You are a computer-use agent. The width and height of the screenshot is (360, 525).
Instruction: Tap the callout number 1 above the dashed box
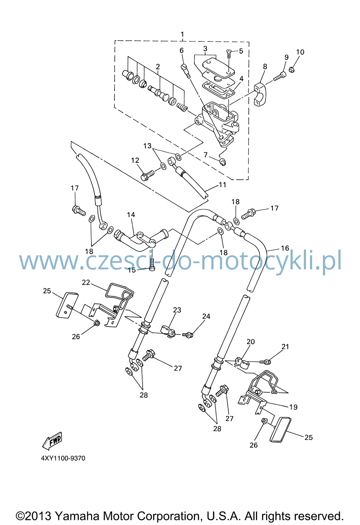(x=183, y=34)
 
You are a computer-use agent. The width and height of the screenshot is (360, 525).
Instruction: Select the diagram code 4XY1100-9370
(x=63, y=458)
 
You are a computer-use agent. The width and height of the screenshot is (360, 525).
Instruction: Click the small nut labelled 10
(x=292, y=69)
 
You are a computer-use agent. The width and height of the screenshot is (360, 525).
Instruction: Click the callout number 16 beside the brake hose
(x=285, y=248)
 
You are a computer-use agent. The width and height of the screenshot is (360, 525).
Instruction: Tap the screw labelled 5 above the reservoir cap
(x=229, y=54)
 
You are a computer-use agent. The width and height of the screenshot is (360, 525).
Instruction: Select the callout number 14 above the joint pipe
(x=131, y=215)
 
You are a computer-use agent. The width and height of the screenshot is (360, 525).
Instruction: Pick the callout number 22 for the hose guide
(x=86, y=282)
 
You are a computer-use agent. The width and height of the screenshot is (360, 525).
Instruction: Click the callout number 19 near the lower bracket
(x=293, y=407)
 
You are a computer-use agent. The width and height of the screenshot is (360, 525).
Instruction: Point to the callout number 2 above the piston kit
(x=158, y=67)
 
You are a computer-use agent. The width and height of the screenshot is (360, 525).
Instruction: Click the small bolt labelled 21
(x=265, y=362)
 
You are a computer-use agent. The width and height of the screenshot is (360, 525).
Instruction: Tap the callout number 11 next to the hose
(x=222, y=185)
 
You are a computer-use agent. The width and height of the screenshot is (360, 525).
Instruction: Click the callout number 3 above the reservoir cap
(x=205, y=49)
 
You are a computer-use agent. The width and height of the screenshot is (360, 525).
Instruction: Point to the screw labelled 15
(x=152, y=264)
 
